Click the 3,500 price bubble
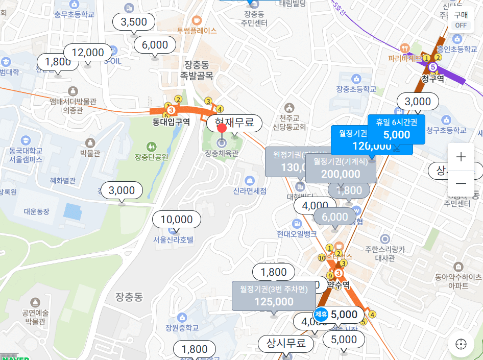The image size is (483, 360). (x=134, y=22)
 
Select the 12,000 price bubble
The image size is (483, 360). (x=88, y=53)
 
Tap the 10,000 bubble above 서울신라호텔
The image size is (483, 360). (x=177, y=220)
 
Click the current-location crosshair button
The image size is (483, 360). (x=461, y=344)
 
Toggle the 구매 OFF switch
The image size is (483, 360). (x=461, y=20)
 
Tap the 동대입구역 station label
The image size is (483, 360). (x=171, y=122)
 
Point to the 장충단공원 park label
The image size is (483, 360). (x=151, y=157)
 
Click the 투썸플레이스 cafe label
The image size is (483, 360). (x=197, y=30)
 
